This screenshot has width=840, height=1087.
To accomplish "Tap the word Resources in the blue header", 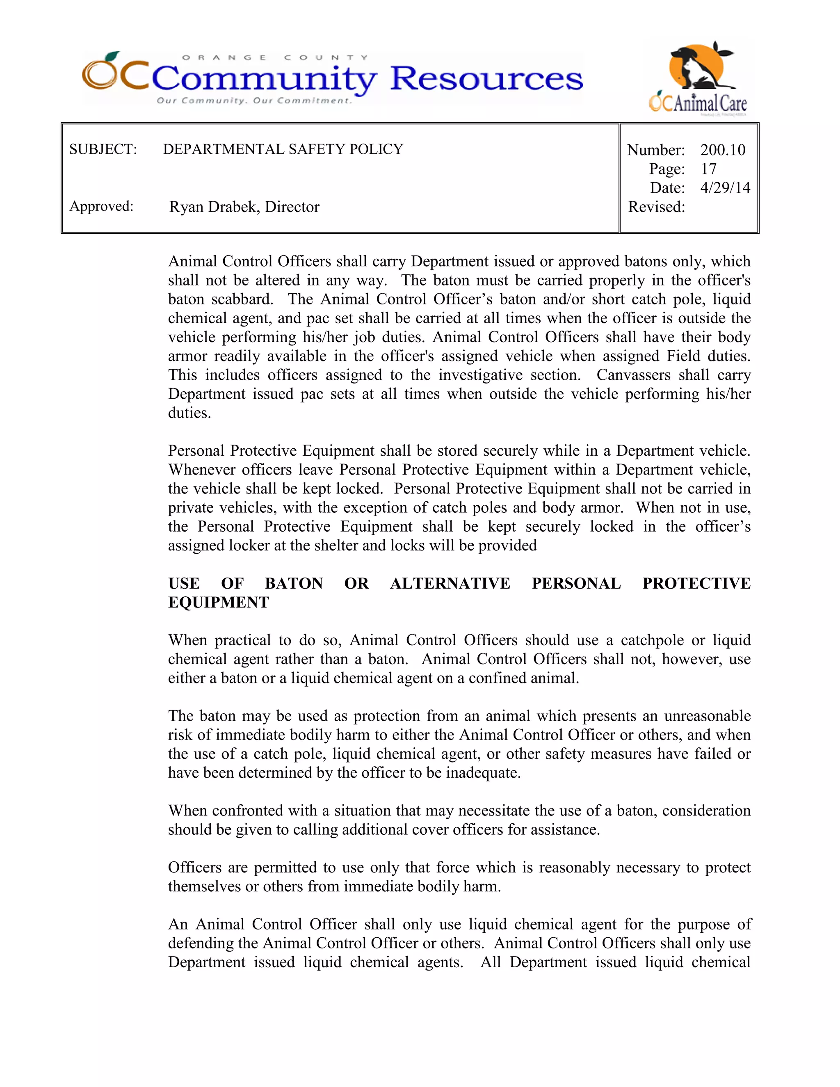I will coord(486,79).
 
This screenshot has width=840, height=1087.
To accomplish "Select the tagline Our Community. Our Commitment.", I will coord(254,100).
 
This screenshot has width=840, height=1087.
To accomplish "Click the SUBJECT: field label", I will coord(103,149).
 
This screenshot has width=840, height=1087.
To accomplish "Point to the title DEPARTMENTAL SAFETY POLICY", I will coord(283,149).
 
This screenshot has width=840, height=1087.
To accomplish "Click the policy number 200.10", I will coord(723,150).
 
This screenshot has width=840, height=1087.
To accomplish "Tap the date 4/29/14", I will coord(725,187).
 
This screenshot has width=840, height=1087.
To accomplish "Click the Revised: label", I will coord(656,207).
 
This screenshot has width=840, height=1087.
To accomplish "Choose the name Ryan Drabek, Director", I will coord(244,207).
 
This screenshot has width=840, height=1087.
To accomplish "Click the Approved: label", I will coord(102,206).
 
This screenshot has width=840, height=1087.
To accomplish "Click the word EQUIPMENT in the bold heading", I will coord(219,602).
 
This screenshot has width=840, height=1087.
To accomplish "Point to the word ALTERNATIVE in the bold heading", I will coord(450,583).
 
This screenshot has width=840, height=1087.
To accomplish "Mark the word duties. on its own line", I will coord(189,413).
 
